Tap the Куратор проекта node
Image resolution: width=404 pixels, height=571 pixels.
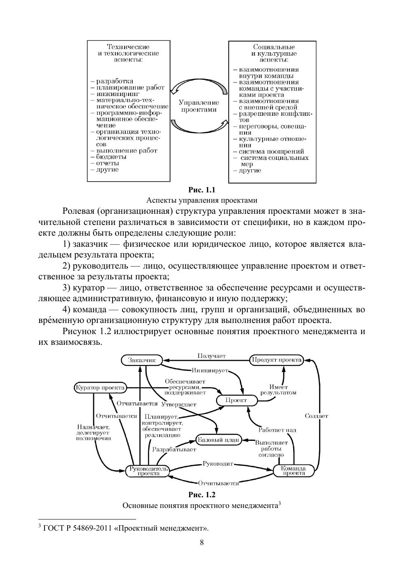(x=100, y=388)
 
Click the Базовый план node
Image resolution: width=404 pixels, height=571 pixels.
(x=218, y=440)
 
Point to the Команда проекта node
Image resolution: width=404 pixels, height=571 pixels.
(x=293, y=470)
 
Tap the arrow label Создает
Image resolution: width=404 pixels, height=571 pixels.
(x=316, y=416)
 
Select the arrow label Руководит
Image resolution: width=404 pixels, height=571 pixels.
(x=218, y=464)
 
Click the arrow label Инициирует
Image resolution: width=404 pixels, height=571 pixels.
(x=209, y=370)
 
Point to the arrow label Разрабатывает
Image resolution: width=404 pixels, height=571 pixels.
(x=174, y=449)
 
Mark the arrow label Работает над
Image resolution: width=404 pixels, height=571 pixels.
(x=277, y=430)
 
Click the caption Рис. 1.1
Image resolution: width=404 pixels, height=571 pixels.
(x=202, y=190)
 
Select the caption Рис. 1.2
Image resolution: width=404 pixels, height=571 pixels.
(x=202, y=495)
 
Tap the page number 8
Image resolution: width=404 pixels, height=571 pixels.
(x=202, y=542)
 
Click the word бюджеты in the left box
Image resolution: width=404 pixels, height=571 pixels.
(x=111, y=157)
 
